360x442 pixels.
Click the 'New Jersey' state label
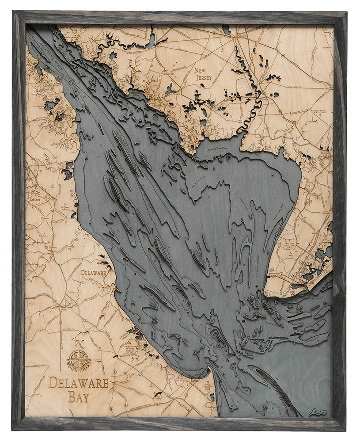pyautogui.click(x=203, y=74)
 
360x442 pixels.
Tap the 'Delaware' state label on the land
pyautogui.click(x=94, y=273)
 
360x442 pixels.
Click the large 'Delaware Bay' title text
pyautogui.click(x=78, y=389)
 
